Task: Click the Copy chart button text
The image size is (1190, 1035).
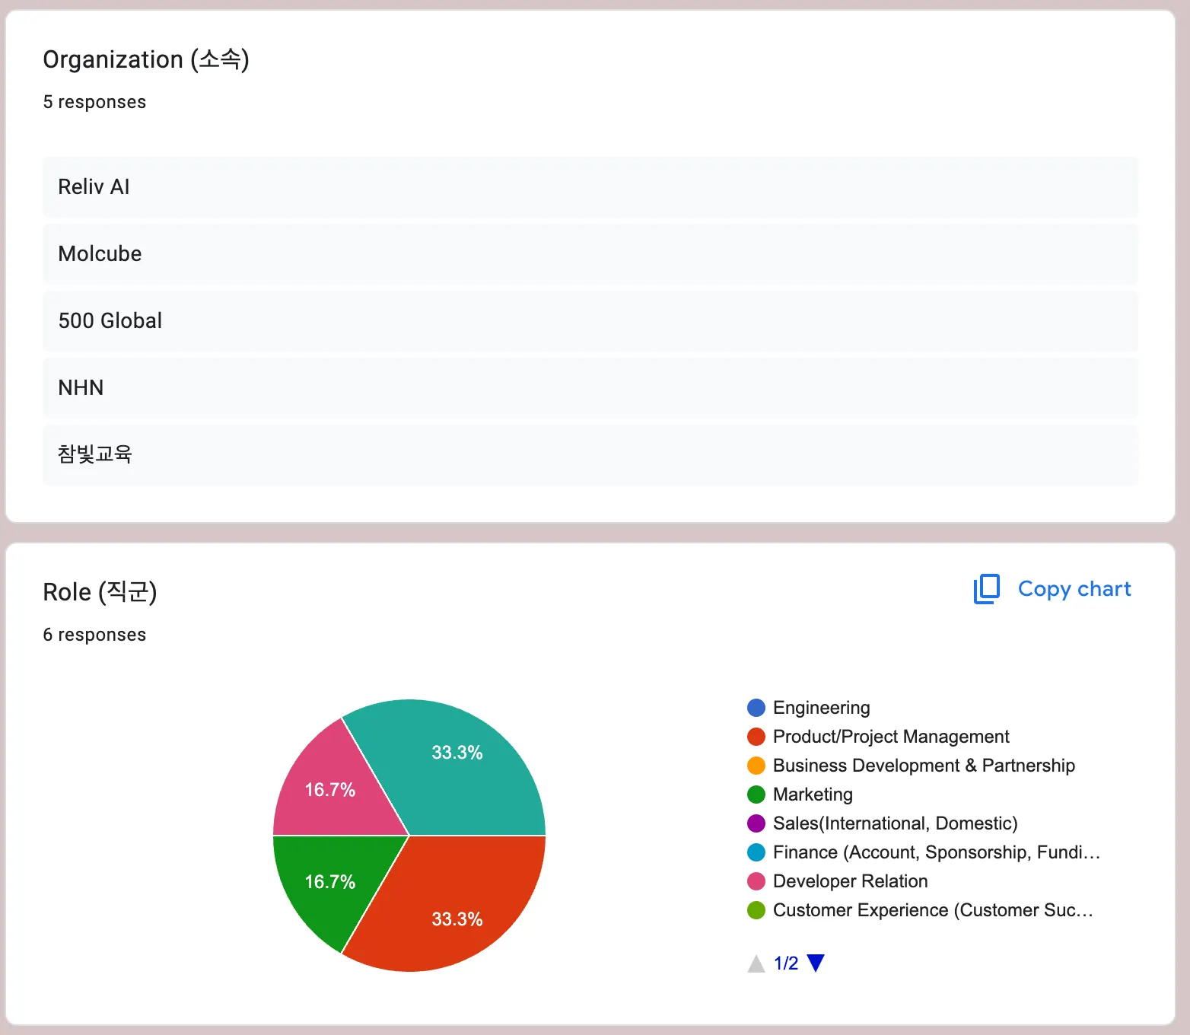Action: (1074, 589)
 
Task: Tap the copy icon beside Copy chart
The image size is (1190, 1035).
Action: (987, 589)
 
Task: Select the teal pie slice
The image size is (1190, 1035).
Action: (457, 769)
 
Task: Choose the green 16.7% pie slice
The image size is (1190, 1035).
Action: (327, 883)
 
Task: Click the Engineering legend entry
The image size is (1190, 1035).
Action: (821, 708)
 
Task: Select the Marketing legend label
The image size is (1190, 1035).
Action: (813, 795)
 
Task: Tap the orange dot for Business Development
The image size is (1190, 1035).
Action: (756, 766)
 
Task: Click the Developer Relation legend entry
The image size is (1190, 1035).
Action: (850, 881)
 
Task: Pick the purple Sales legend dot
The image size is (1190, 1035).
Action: (756, 823)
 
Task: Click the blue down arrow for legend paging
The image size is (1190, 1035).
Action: (816, 963)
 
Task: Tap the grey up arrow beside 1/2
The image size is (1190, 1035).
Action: (756, 964)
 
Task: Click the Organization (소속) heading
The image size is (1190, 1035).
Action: (146, 59)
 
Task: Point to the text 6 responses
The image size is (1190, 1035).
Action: (94, 635)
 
